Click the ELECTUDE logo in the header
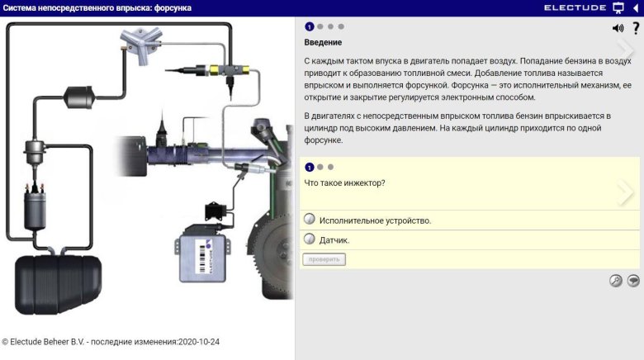pos(575,7)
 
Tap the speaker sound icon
pos(618,28)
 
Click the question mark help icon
pos(635,28)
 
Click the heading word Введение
pos(323,42)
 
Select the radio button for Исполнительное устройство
pos(310,220)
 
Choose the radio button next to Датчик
pos(310,239)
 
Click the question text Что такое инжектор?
pos(345,182)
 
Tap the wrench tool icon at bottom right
pos(615,280)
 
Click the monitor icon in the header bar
pos(618,7)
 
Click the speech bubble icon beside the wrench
pos(633,280)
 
